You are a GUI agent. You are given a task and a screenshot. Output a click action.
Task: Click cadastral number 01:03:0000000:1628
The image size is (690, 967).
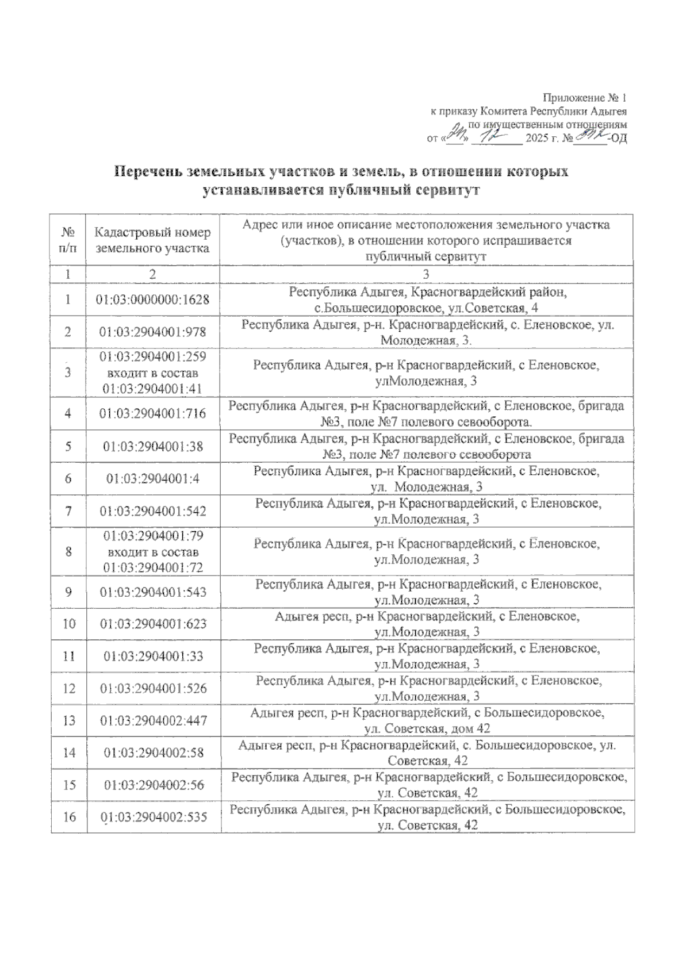[152, 300]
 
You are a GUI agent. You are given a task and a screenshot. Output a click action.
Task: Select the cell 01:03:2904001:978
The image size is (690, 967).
[152, 332]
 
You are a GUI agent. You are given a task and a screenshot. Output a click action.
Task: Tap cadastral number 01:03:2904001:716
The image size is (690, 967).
[152, 413]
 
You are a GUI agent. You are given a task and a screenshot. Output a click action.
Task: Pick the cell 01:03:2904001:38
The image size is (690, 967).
[152, 446]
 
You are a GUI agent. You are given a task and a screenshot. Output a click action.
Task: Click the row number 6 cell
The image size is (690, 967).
[68, 478]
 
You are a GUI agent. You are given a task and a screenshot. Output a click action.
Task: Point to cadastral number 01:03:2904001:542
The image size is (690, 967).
[152, 511]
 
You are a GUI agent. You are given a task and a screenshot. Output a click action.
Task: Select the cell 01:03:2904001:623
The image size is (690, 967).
[152, 624]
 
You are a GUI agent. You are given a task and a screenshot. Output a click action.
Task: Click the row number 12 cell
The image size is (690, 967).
[68, 688]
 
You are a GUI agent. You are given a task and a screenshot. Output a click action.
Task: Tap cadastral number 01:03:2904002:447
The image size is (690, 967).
[152, 720]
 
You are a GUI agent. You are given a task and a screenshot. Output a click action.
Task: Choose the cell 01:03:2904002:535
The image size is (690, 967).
[152, 817]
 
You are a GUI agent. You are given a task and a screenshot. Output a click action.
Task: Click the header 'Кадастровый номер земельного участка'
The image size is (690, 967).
[152, 240]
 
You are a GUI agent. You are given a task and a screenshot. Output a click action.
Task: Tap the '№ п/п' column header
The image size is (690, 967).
[68, 240]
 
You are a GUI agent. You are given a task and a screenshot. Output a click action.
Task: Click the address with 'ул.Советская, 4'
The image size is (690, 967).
[426, 300]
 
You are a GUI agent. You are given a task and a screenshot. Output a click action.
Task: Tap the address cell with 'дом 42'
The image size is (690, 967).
[426, 721]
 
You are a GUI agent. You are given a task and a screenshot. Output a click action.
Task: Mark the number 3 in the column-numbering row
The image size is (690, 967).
[426, 274]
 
